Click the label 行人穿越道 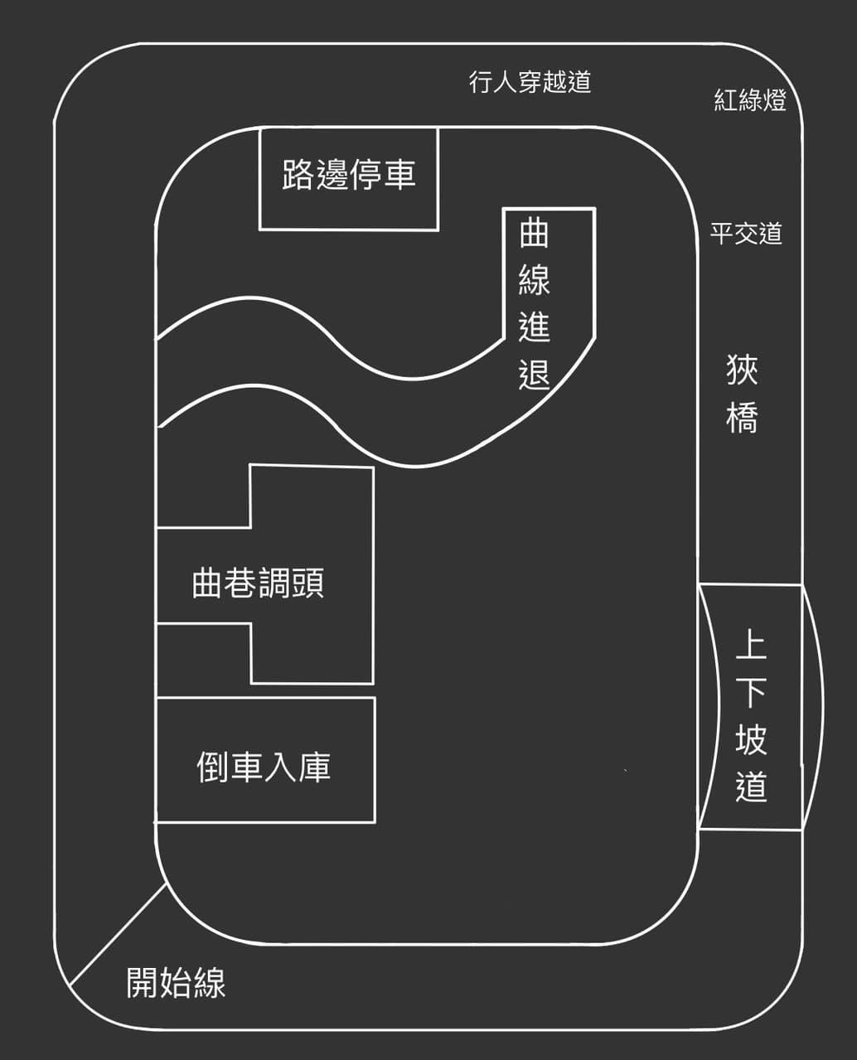pyautogui.click(x=530, y=81)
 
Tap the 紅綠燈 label pyautogui.click(x=750, y=99)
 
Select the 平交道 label pyautogui.click(x=746, y=233)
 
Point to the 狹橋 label pyautogui.click(x=742, y=394)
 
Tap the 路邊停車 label pyautogui.click(x=349, y=174)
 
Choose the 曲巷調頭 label pyautogui.click(x=258, y=583)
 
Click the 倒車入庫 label pyautogui.click(x=264, y=767)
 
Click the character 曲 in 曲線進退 pyautogui.click(x=534, y=234)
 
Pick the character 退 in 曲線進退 pyautogui.click(x=534, y=374)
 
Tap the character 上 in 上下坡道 pyautogui.click(x=752, y=644)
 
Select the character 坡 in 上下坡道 pyautogui.click(x=752, y=739)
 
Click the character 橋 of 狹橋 pyautogui.click(x=742, y=417)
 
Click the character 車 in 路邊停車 pyautogui.click(x=400, y=174)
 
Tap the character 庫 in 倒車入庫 pyautogui.click(x=315, y=767)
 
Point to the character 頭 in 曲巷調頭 pyautogui.click(x=308, y=583)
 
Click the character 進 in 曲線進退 pyautogui.click(x=534, y=327)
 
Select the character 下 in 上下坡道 pyautogui.click(x=752, y=692)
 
